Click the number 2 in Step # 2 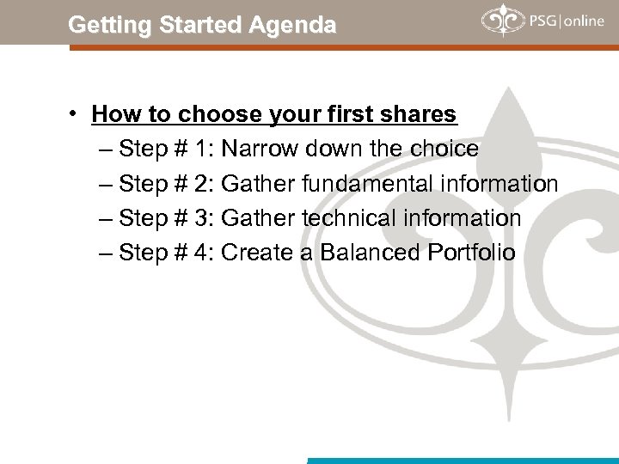click(x=201, y=184)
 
